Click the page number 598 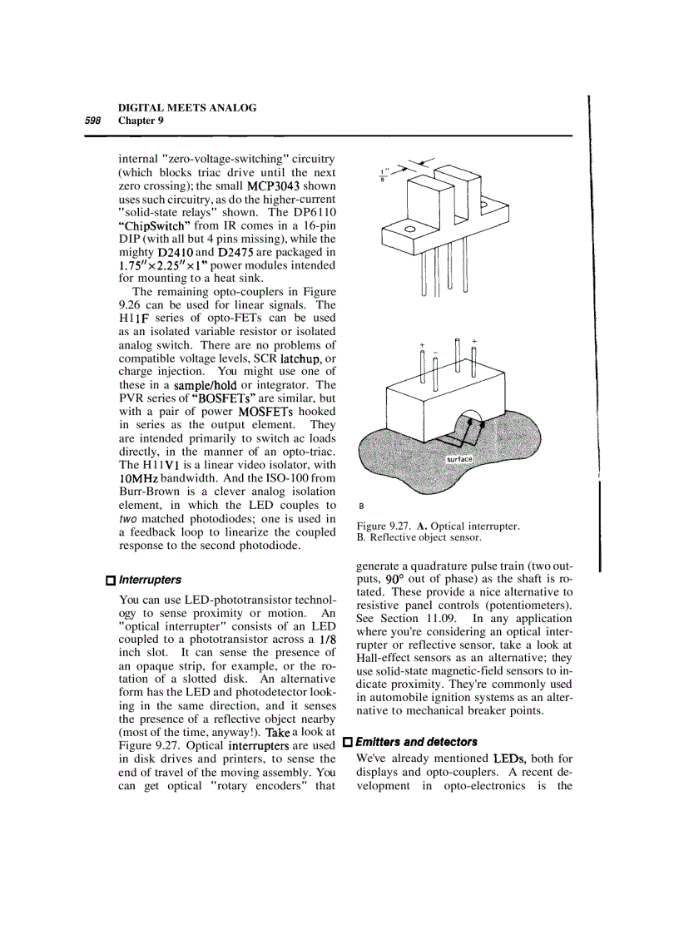92,121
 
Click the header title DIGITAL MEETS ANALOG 187,108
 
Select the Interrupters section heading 150,579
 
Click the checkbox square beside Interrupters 110,580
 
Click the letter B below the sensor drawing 361,505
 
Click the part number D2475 242,252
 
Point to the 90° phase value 391,578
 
